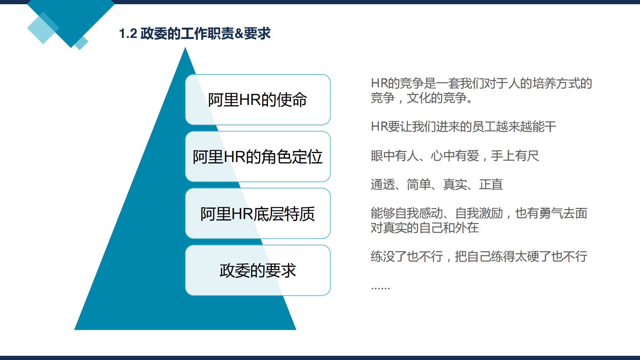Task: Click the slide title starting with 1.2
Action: [x=195, y=34]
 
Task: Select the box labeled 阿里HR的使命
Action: [x=257, y=100]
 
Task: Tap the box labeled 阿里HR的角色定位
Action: [x=257, y=157]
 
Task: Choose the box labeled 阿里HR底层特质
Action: [x=257, y=214]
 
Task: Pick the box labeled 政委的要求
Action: [x=257, y=270]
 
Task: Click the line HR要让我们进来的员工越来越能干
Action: [x=463, y=127]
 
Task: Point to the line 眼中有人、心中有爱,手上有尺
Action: [x=455, y=156]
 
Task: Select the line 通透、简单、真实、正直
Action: [x=437, y=185]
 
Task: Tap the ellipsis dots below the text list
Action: [x=380, y=288]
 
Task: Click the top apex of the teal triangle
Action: [x=185, y=49]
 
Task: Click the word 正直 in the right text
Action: [x=491, y=185]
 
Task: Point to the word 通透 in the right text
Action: [x=383, y=185]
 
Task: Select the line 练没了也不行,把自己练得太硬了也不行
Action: [x=479, y=257]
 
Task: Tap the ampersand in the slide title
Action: [x=239, y=34]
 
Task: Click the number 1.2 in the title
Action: [x=128, y=34]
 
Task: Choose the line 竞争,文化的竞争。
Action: [x=422, y=98]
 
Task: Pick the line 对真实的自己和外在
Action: [x=424, y=228]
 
